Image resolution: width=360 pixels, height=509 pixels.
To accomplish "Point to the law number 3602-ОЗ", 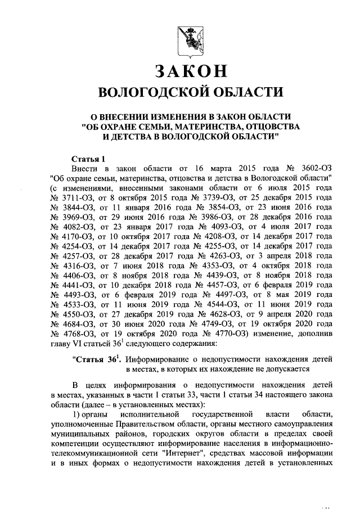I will [312, 168].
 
